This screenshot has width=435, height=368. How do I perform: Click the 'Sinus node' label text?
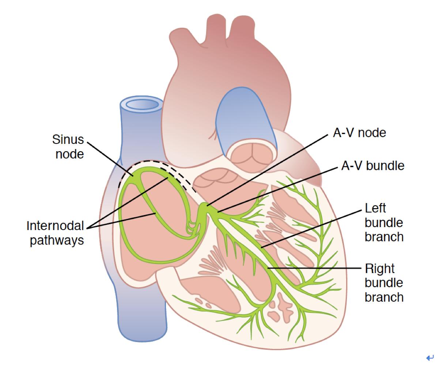coord(68,146)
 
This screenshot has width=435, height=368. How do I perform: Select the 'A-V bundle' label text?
coord(372,166)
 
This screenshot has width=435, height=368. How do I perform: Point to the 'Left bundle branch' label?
coord(384,222)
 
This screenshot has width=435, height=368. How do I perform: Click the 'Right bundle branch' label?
coord(384,283)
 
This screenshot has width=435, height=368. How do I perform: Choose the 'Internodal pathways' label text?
coord(56,233)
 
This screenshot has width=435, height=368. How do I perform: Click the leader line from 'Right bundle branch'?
coord(314,268)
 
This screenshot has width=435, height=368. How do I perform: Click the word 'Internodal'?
coord(55,226)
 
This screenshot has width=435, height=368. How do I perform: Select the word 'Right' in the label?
coord(380,269)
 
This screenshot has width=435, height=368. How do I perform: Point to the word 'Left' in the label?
coord(376,208)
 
